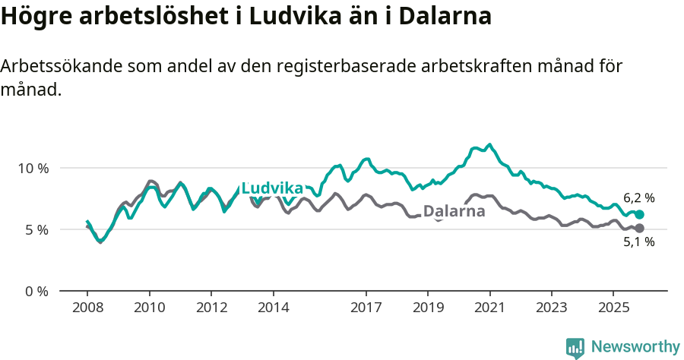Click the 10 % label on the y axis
click(x=33, y=168)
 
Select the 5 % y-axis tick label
click(x=36, y=229)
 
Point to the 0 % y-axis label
click(x=36, y=292)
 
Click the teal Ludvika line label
click(x=272, y=189)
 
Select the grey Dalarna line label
click(x=454, y=211)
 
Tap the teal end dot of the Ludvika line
click(x=639, y=215)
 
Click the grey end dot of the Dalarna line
click(x=639, y=228)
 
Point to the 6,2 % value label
click(x=639, y=198)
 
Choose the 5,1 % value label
click(x=639, y=242)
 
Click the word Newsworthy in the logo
click(x=635, y=347)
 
